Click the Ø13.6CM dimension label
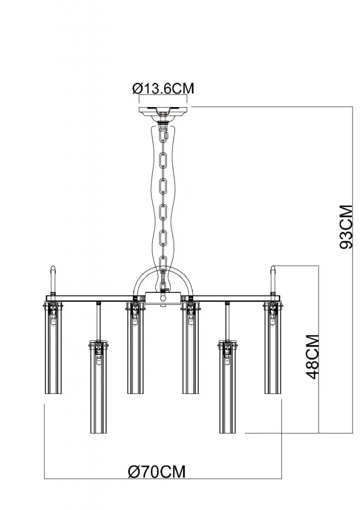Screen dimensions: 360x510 [163, 88]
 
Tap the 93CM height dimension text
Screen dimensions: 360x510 [346, 227]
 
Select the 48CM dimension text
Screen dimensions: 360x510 [312, 357]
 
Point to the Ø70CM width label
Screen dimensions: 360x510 [157, 471]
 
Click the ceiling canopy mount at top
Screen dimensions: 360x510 [163, 113]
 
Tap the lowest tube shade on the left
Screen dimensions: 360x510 [98, 386]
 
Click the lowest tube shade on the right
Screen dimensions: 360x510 [228, 386]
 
